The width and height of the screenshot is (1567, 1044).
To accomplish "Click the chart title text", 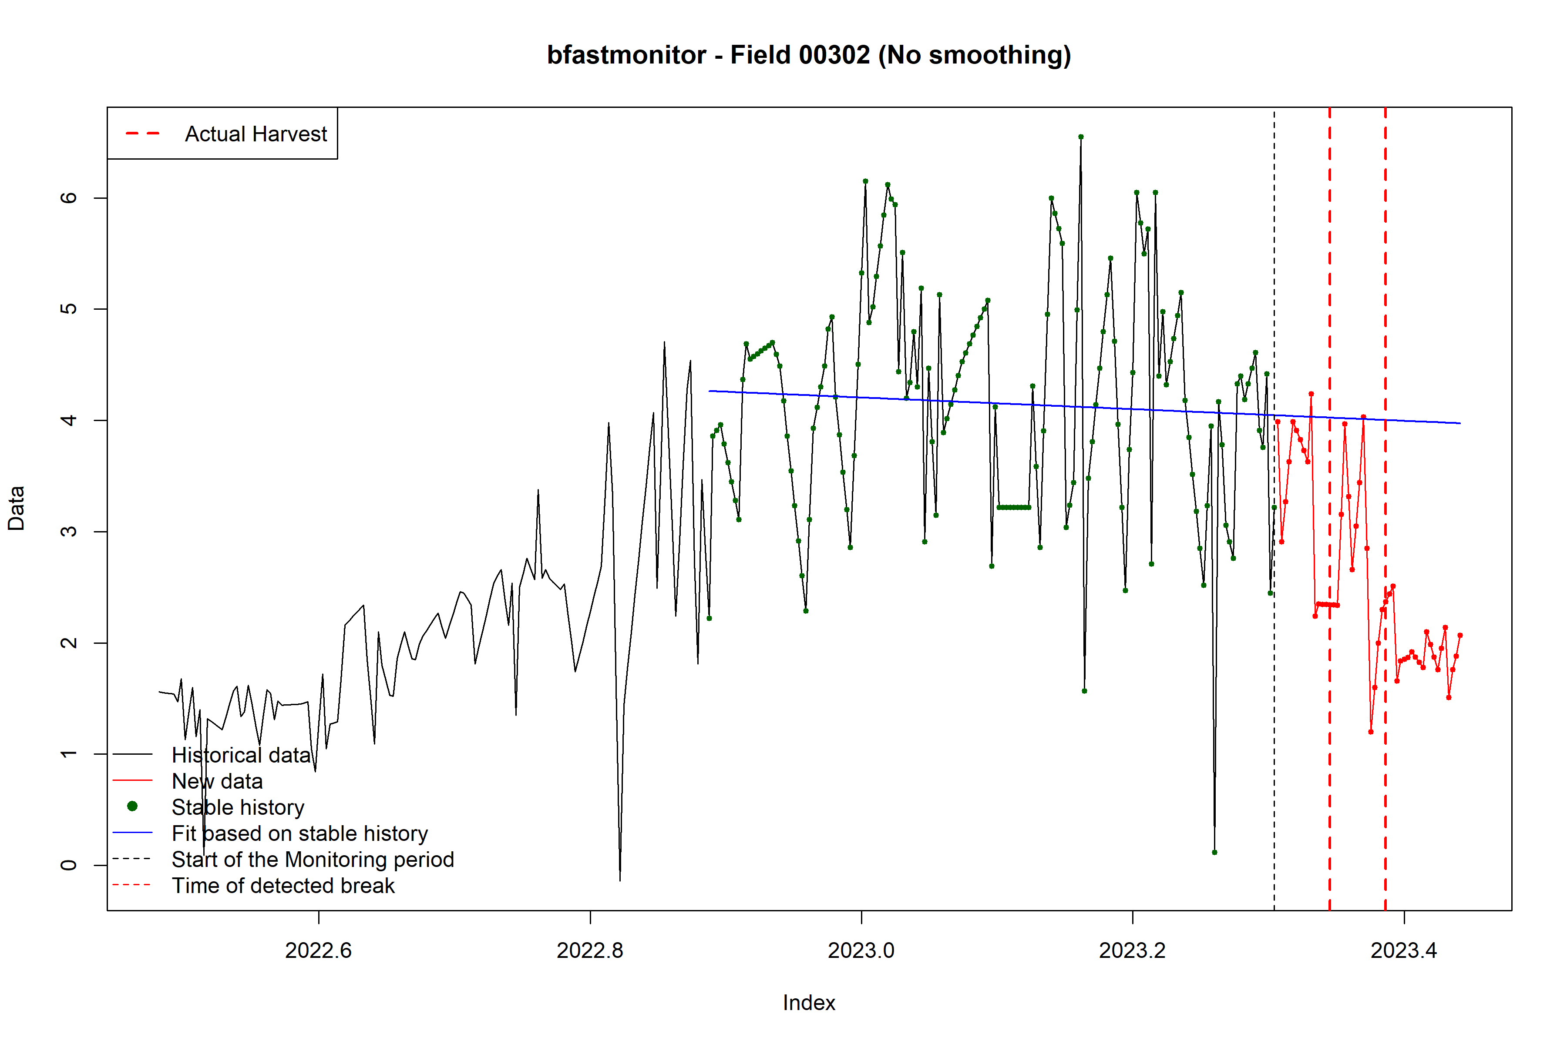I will point(808,55).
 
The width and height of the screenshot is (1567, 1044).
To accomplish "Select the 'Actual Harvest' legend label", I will point(256,134).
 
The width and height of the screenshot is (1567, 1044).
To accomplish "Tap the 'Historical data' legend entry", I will point(241,755).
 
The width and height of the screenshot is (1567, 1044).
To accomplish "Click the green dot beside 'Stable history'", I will point(133,806).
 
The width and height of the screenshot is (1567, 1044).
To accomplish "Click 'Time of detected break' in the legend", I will point(283,886).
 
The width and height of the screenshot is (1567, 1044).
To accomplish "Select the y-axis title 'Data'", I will point(16,508).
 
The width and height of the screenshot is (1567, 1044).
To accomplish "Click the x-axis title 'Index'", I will point(808,1003).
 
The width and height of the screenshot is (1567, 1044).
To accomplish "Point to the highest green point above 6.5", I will point(1081,137).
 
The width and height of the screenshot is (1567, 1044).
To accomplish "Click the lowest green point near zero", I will point(1214,852).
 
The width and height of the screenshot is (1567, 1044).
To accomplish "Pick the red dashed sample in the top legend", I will point(143,134).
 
